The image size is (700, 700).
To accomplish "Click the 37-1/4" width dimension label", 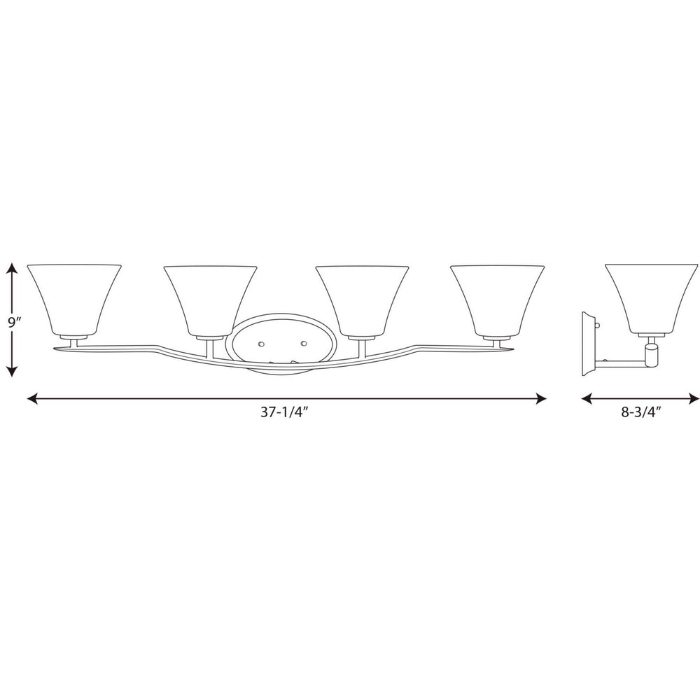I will click(x=285, y=414).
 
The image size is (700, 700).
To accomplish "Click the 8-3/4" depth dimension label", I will click(x=640, y=414).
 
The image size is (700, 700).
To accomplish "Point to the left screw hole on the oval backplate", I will click(x=261, y=344).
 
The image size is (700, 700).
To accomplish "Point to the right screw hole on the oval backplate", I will click(x=304, y=344).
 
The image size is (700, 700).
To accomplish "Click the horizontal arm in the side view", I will click(x=619, y=362).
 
